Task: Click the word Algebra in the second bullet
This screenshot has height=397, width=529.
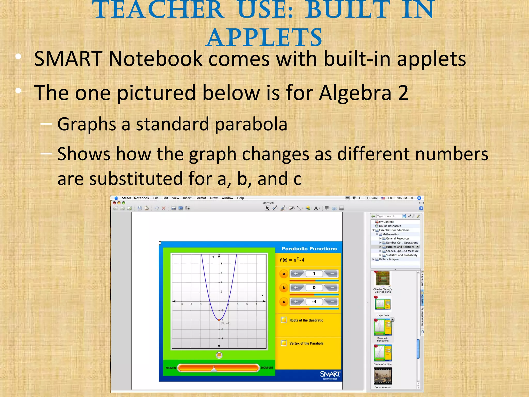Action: [x=355, y=93]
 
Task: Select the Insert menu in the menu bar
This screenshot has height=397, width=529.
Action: [x=187, y=198]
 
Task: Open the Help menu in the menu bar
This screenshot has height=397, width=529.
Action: [x=240, y=198]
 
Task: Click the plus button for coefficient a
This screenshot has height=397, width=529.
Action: [x=296, y=274]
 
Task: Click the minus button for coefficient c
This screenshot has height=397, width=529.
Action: [x=332, y=302]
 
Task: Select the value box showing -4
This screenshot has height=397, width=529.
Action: [x=314, y=302]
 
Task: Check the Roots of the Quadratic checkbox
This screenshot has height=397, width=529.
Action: [x=284, y=320]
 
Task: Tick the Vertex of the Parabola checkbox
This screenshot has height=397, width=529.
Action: [x=284, y=343]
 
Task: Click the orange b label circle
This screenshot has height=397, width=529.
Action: [x=284, y=288]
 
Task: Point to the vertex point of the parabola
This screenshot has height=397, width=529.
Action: [x=219, y=320]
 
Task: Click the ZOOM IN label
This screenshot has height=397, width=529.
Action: [x=170, y=368]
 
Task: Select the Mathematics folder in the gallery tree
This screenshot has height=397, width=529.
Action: [x=390, y=234]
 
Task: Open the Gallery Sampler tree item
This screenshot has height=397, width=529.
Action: [x=389, y=259]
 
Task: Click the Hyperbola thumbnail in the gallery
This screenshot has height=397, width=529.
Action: [x=383, y=304]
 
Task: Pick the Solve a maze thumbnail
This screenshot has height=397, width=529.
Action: [x=383, y=376]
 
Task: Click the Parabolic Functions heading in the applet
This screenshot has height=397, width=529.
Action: [x=309, y=249]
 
